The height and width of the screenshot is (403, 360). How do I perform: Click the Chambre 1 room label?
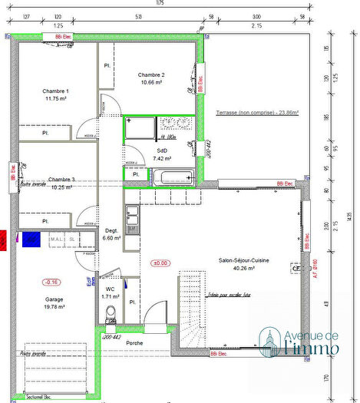pos(56,91)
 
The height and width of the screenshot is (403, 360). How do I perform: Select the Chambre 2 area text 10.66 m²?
pos(151,83)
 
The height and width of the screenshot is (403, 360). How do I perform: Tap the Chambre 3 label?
pos(61,179)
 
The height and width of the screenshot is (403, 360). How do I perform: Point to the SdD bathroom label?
pos(161,150)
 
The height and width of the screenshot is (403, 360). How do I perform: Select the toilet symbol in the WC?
pos(111,311)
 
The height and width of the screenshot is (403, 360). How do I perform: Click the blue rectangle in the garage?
pos(31,239)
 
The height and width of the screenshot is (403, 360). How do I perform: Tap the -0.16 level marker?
pos(53,281)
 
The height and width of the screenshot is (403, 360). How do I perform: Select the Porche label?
pos(135,343)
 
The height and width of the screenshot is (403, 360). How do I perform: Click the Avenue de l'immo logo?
pos(299,341)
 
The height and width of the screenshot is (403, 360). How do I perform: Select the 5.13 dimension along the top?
pos(137,17)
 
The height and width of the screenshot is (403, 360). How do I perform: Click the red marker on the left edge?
pos(3,239)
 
